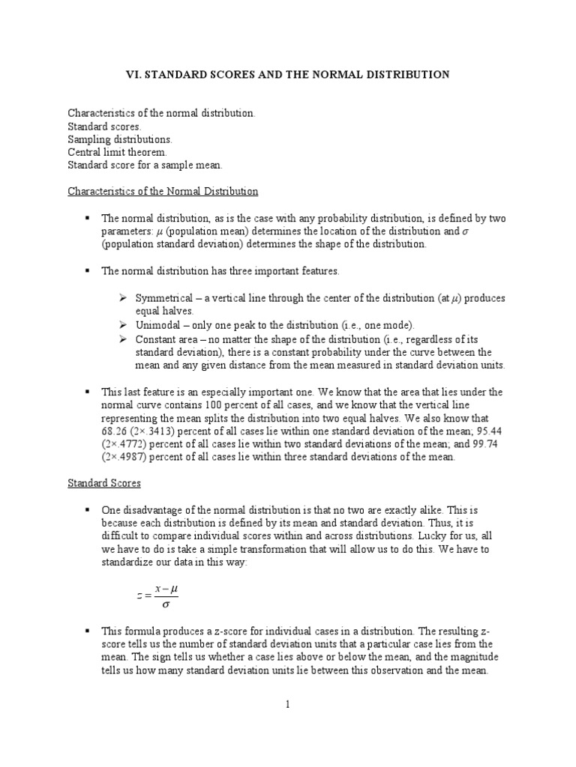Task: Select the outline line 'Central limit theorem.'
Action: pyautogui.click(x=112, y=152)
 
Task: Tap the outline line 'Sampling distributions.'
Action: pyautogui.click(x=120, y=139)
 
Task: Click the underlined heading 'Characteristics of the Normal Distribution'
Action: pyautogui.click(x=163, y=191)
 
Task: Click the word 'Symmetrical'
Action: pyautogui.click(x=163, y=298)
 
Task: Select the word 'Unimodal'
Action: pyautogui.click(x=157, y=325)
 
